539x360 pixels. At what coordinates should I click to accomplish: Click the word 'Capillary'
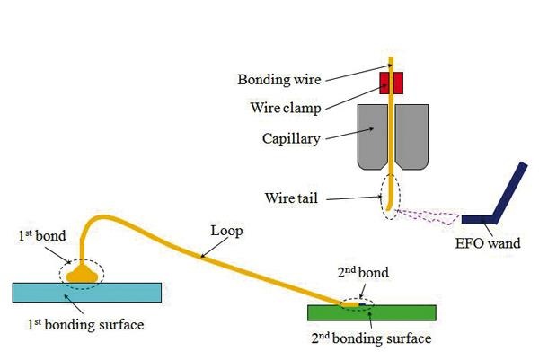(286, 139)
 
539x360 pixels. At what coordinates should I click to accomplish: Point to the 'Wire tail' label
(290, 197)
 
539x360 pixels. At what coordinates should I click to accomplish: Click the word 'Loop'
(225, 230)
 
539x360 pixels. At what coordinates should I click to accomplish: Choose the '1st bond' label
(39, 237)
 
